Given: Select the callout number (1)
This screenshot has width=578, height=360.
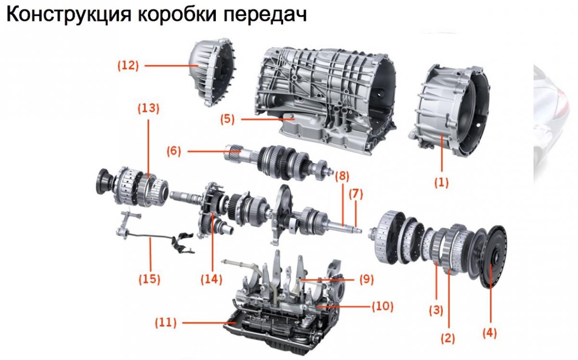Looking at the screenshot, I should [442, 182].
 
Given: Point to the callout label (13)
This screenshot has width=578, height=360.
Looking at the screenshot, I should [148, 108].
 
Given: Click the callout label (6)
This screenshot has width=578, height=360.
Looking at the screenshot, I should [173, 151].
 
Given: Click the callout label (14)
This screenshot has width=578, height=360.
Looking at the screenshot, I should [212, 278].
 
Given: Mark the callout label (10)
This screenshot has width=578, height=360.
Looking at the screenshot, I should [381, 305].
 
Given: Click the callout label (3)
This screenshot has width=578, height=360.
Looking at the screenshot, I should [436, 310].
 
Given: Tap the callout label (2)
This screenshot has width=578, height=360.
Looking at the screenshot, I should [448, 338].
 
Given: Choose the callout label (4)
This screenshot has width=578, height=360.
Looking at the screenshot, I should [490, 332].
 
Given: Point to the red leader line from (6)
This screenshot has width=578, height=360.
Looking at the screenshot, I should [207, 152].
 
